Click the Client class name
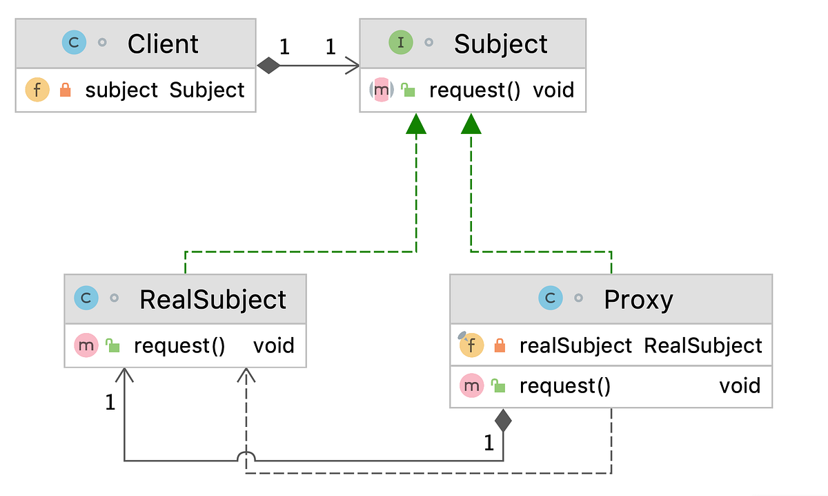click(x=163, y=44)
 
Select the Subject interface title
click(x=500, y=44)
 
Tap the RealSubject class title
click(x=213, y=300)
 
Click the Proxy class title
click(x=638, y=300)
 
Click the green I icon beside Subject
click(x=401, y=43)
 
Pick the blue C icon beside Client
click(x=74, y=43)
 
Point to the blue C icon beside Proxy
click(x=550, y=298)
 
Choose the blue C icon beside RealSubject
click(x=86, y=298)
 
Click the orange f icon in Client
click(x=37, y=90)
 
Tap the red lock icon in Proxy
click(x=500, y=345)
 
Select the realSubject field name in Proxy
click(x=575, y=345)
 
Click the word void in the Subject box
click(x=553, y=90)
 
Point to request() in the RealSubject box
click(x=179, y=345)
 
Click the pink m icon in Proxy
click(x=471, y=385)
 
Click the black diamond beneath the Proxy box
click(x=503, y=420)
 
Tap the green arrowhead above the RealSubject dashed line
click(x=416, y=124)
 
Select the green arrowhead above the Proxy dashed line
click(x=471, y=124)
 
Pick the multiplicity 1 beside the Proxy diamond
click(x=489, y=443)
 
